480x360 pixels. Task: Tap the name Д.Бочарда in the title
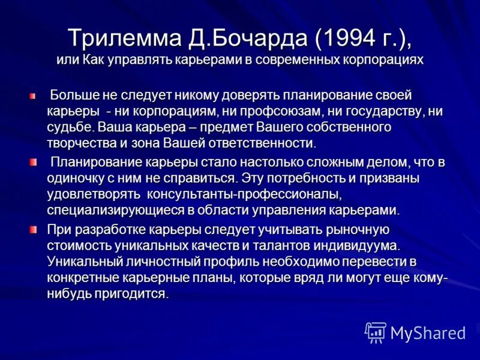[240, 37]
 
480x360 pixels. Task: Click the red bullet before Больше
[34, 96]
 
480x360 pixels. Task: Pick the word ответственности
[261, 143]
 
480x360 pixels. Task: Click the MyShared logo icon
[376, 332]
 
